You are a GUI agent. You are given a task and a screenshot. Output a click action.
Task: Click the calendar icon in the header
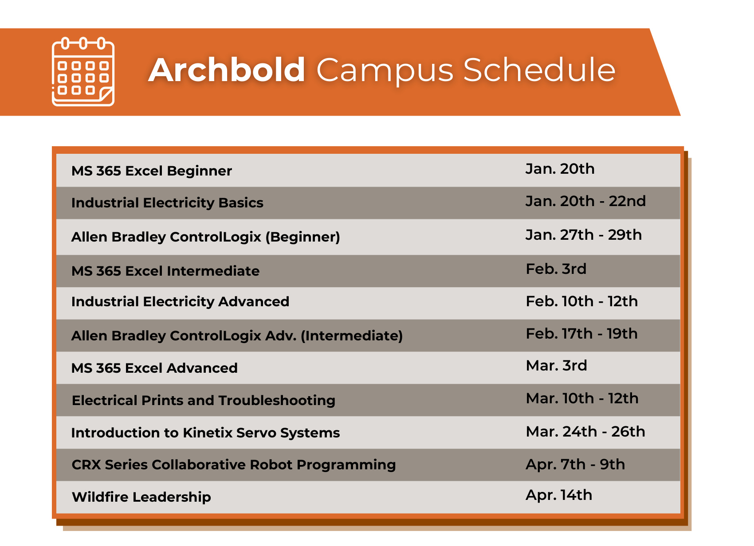(x=83, y=72)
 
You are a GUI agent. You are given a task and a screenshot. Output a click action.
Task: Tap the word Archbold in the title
(x=227, y=70)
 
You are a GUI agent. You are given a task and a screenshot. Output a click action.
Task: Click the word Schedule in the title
(x=540, y=70)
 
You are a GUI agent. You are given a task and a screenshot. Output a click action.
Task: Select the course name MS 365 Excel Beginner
(x=152, y=171)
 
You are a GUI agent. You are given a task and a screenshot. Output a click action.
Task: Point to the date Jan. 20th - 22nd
(x=585, y=202)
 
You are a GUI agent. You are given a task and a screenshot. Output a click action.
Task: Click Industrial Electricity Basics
(x=167, y=203)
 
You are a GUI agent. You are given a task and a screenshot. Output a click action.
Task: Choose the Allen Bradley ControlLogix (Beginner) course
(x=206, y=237)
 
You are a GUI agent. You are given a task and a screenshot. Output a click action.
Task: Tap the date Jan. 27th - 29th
(x=583, y=235)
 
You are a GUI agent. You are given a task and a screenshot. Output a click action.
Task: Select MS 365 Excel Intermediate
(x=165, y=271)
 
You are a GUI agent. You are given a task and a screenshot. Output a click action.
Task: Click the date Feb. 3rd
(x=556, y=269)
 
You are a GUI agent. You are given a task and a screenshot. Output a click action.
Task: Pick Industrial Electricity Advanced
(x=180, y=302)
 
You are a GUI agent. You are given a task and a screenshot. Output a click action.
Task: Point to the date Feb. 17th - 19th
(x=581, y=334)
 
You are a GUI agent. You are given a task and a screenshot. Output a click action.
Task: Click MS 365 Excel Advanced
(x=154, y=368)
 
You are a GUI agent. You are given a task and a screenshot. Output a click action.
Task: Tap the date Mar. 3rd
(x=556, y=366)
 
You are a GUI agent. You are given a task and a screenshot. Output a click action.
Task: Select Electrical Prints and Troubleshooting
(x=203, y=401)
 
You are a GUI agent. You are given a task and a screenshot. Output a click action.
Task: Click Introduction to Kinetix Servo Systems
(x=205, y=433)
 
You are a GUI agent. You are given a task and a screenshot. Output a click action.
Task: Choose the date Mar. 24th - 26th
(x=585, y=432)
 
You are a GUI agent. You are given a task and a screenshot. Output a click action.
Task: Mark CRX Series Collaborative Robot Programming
(x=234, y=465)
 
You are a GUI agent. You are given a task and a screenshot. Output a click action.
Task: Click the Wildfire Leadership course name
(x=141, y=497)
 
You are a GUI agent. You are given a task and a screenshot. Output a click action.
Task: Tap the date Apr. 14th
(x=559, y=495)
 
